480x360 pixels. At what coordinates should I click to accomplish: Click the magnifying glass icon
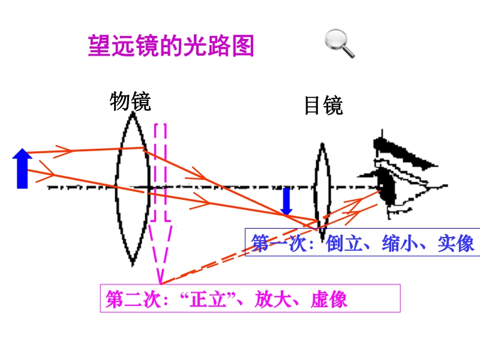tap(339, 43)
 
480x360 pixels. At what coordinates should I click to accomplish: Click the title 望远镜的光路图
tap(171, 46)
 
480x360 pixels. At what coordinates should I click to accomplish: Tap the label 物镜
tap(130, 101)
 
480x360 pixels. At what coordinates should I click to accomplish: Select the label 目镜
tap(323, 106)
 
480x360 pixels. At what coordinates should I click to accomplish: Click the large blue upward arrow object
tap(22, 169)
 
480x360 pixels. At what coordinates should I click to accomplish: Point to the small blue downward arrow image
tap(286, 202)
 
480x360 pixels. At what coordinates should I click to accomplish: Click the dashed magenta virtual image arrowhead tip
tap(160, 283)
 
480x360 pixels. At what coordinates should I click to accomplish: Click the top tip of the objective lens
tap(133, 112)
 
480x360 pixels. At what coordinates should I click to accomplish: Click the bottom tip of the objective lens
tap(133, 266)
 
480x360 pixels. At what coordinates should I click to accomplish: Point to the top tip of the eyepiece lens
tap(322, 143)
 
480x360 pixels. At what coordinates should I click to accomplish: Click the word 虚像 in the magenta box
tap(329, 299)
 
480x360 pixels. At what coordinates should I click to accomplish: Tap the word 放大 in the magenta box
tap(273, 299)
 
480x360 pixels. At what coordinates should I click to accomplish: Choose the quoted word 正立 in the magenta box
tap(208, 299)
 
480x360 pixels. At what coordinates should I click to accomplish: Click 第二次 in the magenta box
tap(133, 299)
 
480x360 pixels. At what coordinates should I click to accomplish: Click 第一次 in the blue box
tap(278, 244)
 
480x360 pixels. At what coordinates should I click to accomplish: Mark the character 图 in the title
tap(243, 46)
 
